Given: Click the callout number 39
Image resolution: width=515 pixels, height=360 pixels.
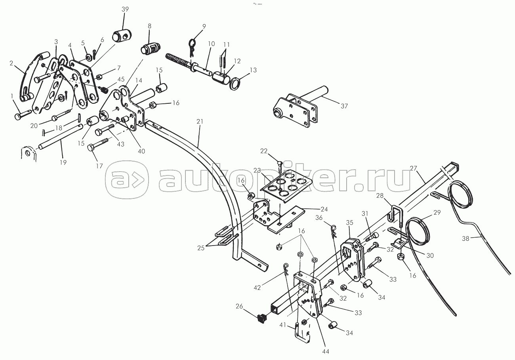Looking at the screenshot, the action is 125,10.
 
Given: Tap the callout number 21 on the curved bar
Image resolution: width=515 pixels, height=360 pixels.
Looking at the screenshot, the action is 200,121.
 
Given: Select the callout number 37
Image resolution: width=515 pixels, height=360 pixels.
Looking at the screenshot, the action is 344,106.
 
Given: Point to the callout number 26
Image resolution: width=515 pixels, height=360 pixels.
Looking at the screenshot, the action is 239,306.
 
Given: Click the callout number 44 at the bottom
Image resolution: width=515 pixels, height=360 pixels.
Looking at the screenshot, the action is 326,352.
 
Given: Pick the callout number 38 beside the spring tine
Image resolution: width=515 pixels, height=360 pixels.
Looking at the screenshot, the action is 465,239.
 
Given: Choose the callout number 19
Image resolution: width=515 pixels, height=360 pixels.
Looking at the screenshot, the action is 63,162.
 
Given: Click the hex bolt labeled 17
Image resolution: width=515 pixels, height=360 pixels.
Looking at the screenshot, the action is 98,144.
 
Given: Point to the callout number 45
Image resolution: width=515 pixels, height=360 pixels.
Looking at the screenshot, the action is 121,79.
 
